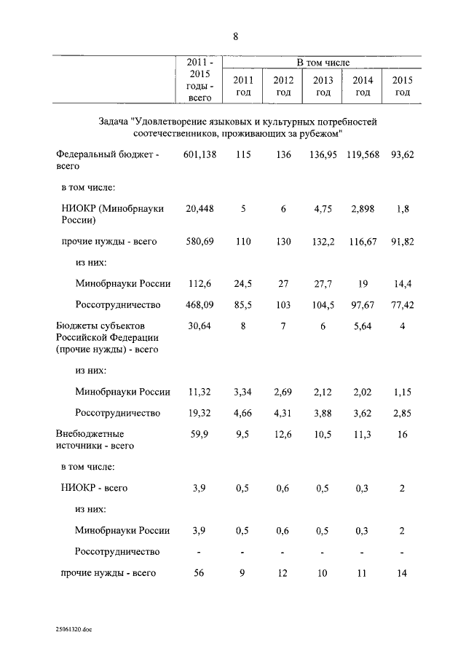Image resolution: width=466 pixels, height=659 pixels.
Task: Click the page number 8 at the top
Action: click(x=235, y=36)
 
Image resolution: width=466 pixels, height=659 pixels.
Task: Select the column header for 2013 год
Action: click(x=323, y=86)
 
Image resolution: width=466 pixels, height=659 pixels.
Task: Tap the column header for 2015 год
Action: click(x=402, y=86)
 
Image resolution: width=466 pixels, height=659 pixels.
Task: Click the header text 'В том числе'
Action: click(x=323, y=64)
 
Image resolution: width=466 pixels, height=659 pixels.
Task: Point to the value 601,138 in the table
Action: click(x=200, y=155)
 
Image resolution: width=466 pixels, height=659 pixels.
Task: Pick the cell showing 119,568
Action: click(x=363, y=155)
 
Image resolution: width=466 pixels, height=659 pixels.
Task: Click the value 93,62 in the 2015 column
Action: click(x=402, y=155)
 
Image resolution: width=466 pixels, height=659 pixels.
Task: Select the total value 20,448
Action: click(x=200, y=209)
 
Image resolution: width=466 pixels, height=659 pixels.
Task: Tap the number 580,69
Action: click(x=200, y=241)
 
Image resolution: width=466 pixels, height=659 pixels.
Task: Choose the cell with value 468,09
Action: click(x=200, y=305)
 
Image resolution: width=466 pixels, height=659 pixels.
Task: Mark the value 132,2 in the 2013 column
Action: click(x=323, y=241)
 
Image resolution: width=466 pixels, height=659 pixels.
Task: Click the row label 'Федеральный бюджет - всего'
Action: click(x=107, y=160)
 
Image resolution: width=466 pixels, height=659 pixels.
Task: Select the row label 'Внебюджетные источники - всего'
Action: click(x=95, y=439)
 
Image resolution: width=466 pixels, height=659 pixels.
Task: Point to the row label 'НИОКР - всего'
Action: click(x=94, y=488)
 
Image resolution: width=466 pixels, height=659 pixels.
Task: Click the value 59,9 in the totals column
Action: click(x=200, y=435)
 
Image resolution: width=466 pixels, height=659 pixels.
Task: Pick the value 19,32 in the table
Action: click(x=200, y=413)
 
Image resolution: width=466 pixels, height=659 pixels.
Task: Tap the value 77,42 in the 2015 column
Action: click(x=402, y=305)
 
